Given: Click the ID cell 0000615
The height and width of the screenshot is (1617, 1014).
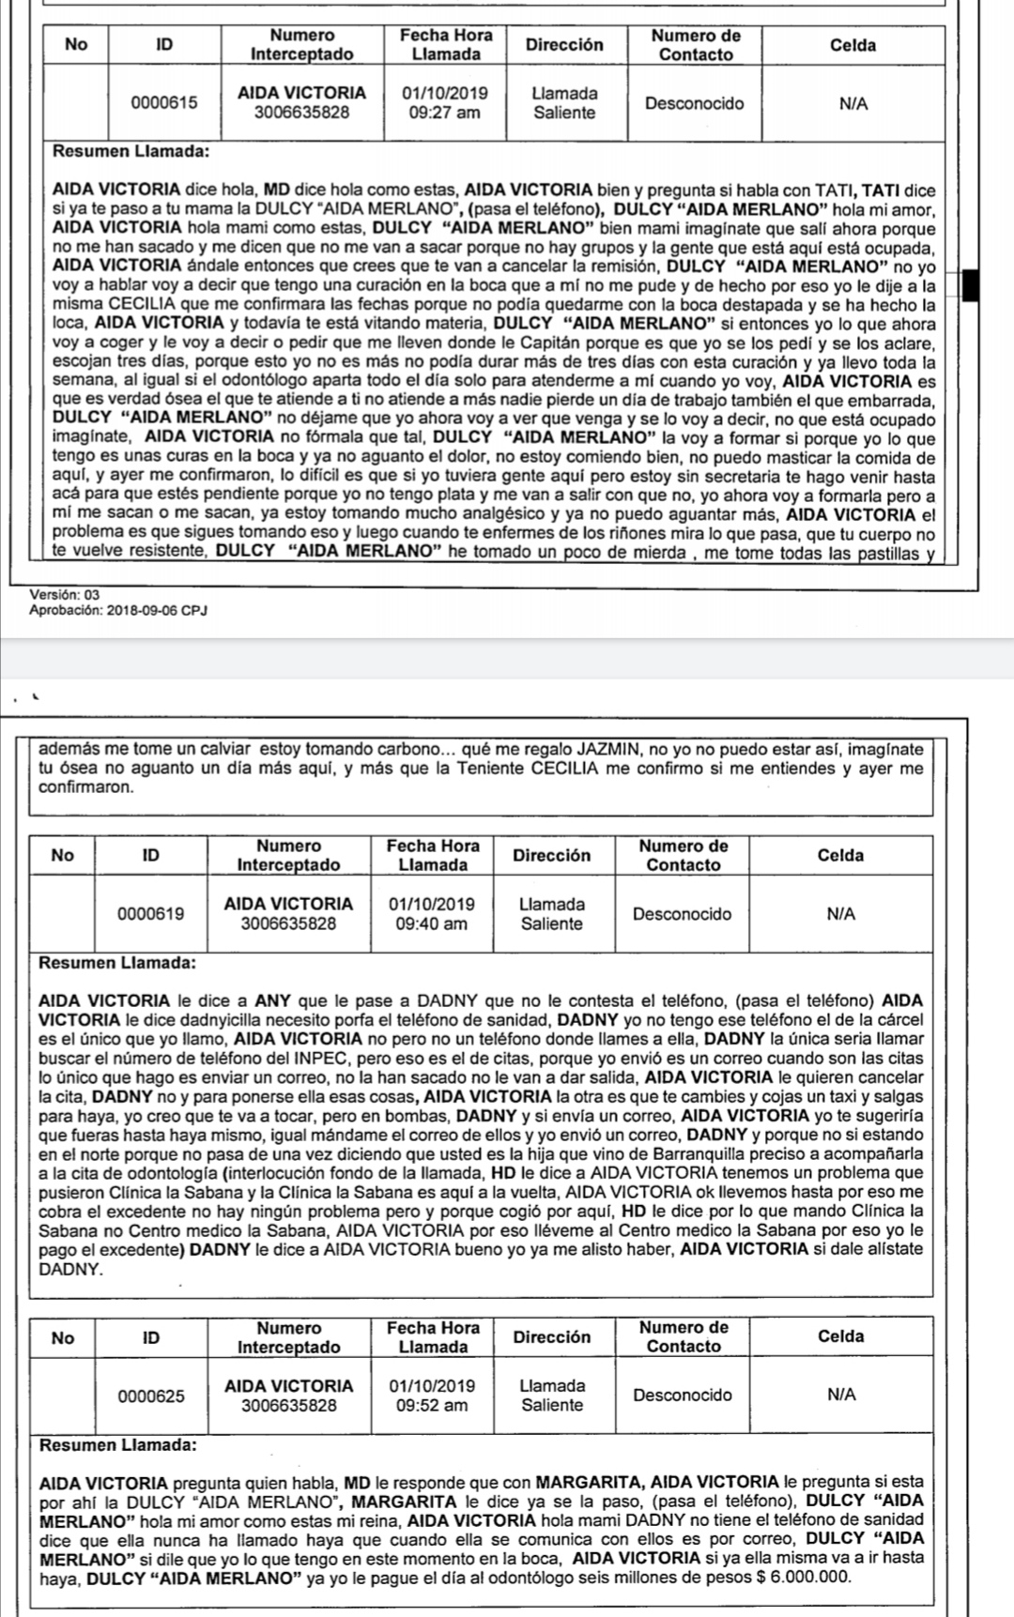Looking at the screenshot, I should [164, 103].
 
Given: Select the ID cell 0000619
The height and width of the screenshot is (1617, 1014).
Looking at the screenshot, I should [150, 914].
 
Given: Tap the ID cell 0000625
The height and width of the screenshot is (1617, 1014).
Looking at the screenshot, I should [150, 1396].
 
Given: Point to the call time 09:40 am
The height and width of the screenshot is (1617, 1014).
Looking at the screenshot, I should [431, 923].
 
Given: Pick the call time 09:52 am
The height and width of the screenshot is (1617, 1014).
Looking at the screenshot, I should [431, 1405].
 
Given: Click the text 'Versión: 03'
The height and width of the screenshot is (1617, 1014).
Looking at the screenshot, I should [64, 595].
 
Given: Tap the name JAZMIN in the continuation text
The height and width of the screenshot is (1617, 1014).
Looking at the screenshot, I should [608, 749].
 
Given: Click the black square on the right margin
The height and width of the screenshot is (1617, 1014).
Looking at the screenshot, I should [971, 284].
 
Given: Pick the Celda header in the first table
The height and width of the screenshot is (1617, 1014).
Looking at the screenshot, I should [853, 45].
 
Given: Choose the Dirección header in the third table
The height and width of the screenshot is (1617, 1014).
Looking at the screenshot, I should [552, 1336].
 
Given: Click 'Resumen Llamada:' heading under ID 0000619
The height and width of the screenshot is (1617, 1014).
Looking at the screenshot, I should [117, 963].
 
